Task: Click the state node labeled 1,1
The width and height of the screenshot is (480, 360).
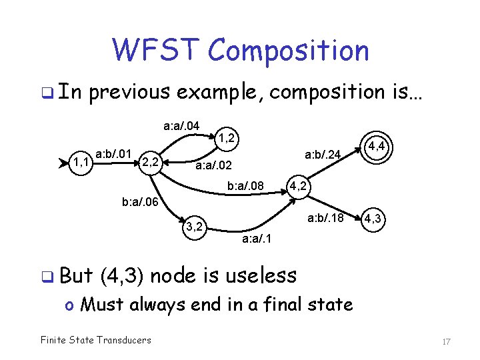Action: point(83,161)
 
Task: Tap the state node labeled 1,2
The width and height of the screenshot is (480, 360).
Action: point(226,138)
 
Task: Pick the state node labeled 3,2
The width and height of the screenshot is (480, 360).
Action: point(194,226)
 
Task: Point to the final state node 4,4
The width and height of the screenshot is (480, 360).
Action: point(378,145)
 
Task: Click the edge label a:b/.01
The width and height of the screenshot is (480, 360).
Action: point(115,154)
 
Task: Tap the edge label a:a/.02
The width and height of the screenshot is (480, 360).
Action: point(213,165)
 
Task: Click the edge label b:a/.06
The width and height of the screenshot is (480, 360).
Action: point(140,200)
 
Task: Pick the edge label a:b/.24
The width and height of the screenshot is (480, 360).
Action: point(323,155)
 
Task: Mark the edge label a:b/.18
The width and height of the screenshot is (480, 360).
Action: point(325,218)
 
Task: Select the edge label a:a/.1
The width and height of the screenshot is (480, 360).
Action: point(256,237)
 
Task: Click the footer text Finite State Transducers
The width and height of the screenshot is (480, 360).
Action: point(95,340)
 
